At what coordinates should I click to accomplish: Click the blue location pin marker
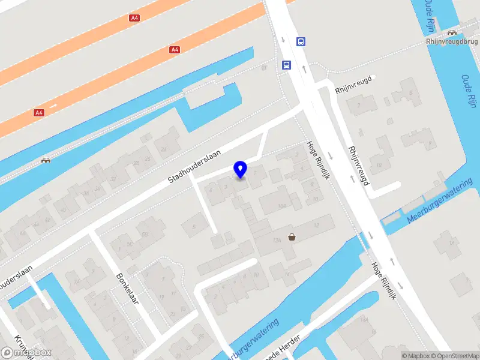coord(240,169)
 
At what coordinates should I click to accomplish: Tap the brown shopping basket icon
coord(292,237)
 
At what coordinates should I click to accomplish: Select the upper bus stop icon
coord(301,41)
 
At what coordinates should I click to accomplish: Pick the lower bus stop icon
coord(286,65)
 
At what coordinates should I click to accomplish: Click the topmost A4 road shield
coord(134,18)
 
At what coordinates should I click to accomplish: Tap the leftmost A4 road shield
coord(39,112)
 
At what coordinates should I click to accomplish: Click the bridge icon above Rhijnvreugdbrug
coord(451,32)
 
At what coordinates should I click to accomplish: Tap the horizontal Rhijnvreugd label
coord(355,85)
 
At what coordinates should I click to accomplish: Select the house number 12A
coord(277,241)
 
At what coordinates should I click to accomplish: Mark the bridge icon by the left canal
coord(45,160)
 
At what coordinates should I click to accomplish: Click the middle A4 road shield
coord(175,49)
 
